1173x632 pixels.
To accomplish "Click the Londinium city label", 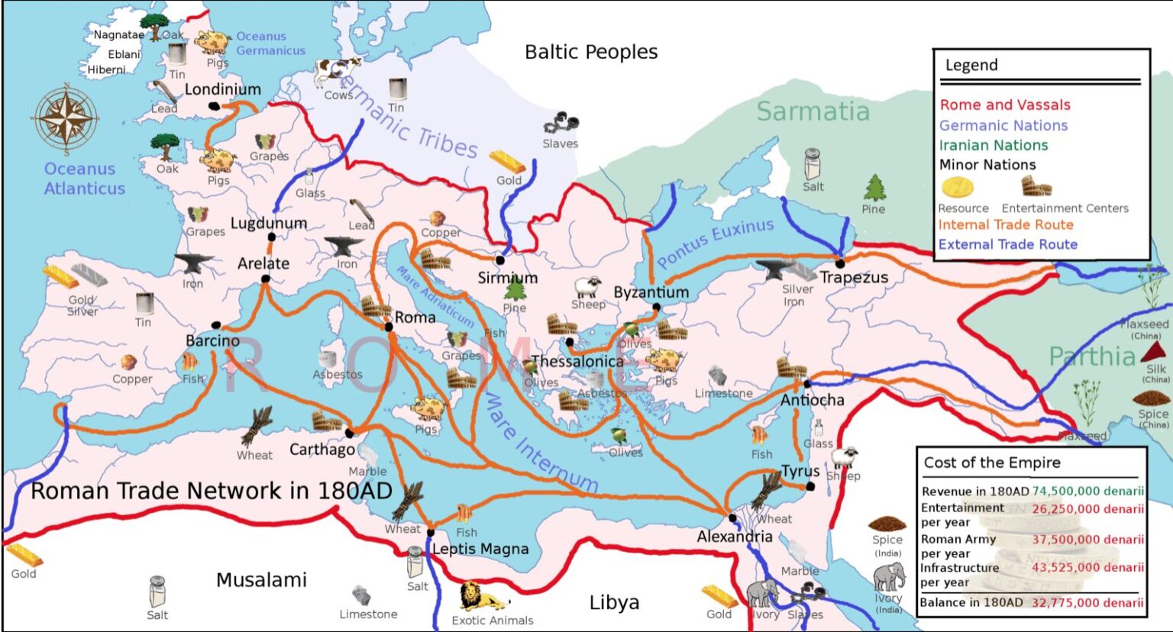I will [222, 89].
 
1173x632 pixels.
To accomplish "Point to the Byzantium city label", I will [651, 292].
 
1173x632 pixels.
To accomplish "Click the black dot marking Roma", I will [389, 327].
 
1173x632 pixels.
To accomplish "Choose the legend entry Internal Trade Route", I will [1005, 224].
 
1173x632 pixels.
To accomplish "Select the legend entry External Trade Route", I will [1007, 244].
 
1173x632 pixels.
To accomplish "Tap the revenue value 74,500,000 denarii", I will [1087, 491].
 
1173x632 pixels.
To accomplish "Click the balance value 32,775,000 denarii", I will [1087, 602].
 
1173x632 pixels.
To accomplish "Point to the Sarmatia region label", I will [813, 111].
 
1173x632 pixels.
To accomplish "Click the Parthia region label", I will [1091, 356].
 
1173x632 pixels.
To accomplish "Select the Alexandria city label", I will [734, 537].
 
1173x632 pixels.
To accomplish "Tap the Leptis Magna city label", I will [480, 549].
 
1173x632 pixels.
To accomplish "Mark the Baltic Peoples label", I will [591, 52].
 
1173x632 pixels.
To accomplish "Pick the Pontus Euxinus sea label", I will [715, 242].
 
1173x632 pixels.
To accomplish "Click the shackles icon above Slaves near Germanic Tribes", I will [561, 123].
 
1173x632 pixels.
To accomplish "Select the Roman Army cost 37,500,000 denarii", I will [1087, 540].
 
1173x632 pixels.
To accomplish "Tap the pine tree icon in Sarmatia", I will [875, 188].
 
